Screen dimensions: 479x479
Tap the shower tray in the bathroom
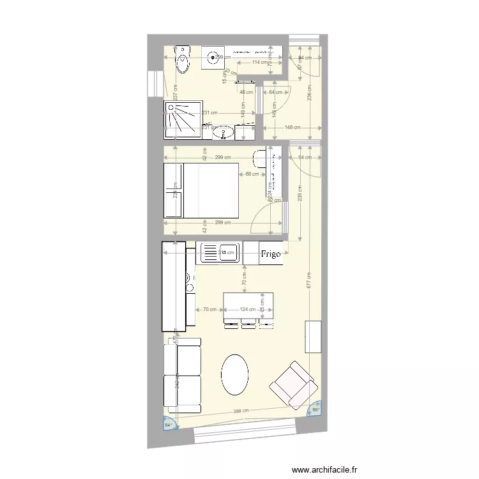click(x=181, y=119)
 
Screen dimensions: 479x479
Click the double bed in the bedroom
click(x=202, y=190)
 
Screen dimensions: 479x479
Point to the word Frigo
click(x=271, y=254)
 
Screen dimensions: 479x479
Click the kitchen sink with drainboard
click(x=220, y=252)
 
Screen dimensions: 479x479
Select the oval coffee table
click(x=235, y=376)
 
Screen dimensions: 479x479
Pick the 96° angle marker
click(x=315, y=410)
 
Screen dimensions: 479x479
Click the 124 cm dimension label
click(x=247, y=310)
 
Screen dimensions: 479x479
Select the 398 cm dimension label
click(x=241, y=411)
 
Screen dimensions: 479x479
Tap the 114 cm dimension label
click(x=259, y=63)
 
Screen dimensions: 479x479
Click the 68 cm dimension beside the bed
click(x=252, y=174)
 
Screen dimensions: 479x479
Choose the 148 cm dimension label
click(x=293, y=127)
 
